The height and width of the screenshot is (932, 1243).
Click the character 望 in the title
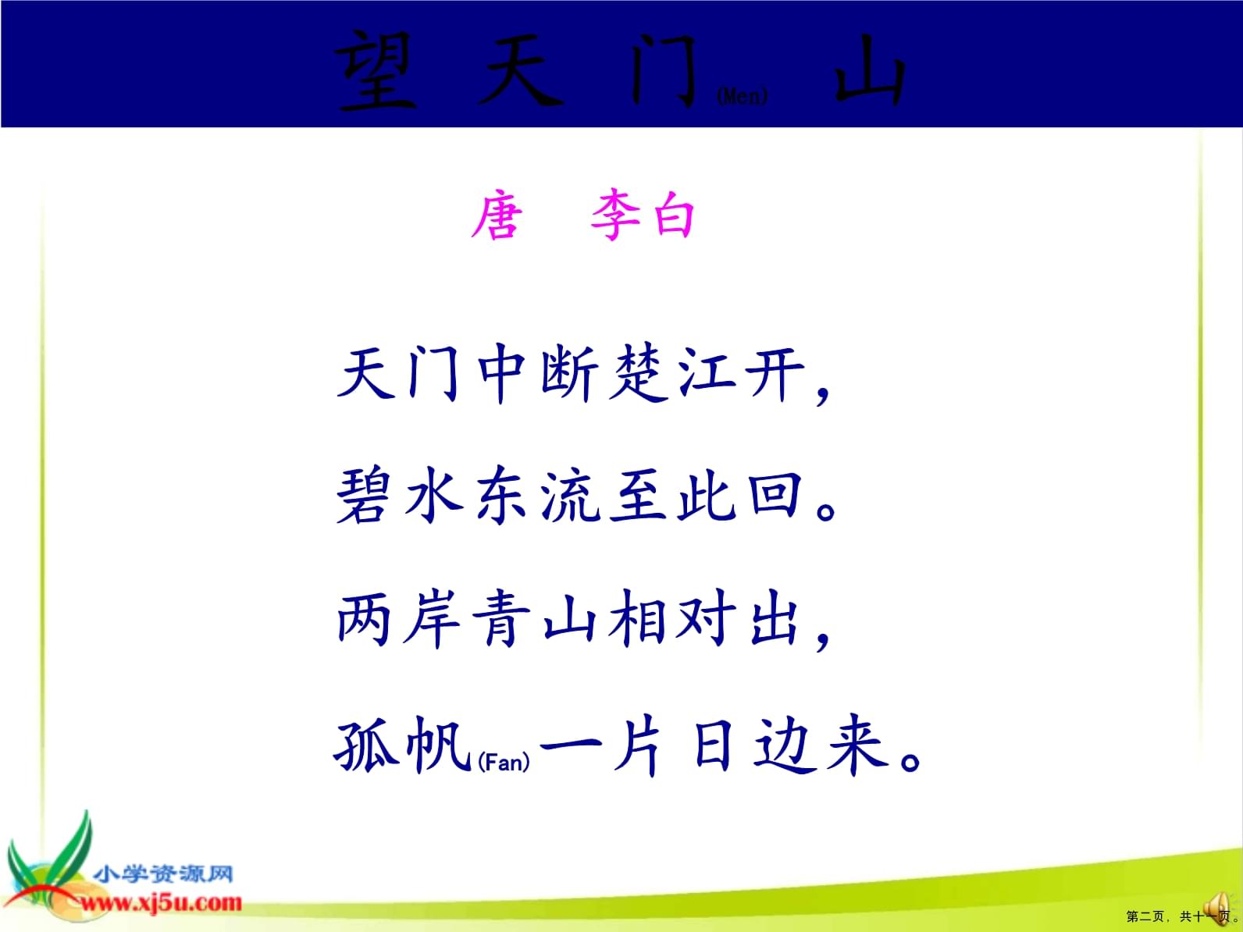click(x=375, y=71)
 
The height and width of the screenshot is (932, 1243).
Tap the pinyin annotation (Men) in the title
click(x=742, y=96)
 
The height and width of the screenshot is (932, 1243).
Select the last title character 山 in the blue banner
click(x=870, y=71)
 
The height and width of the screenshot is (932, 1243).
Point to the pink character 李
click(x=615, y=215)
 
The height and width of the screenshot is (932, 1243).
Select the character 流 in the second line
click(x=570, y=496)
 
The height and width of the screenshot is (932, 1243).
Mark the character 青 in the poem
click(x=500, y=617)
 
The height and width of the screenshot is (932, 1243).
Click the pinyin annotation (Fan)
click(x=504, y=763)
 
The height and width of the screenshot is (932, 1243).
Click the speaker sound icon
click(x=1217, y=900)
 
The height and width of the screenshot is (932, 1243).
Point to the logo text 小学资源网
click(x=163, y=873)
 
